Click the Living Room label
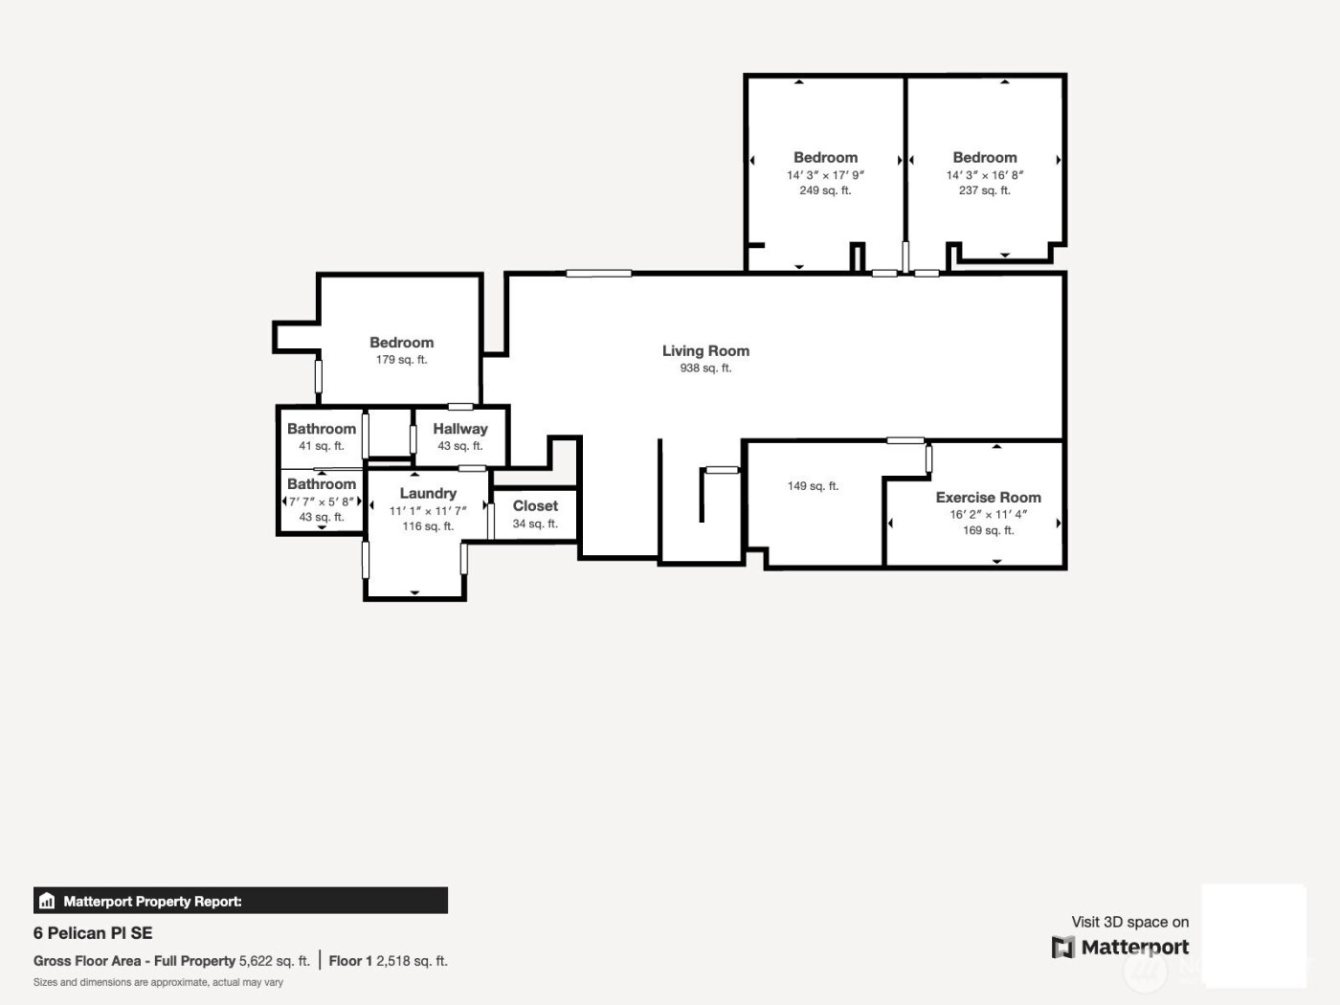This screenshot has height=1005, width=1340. tap(705, 351)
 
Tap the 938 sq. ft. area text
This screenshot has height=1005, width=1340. tap(705, 368)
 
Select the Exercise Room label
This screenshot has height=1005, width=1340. tap(988, 498)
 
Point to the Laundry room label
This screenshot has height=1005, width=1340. tap(428, 494)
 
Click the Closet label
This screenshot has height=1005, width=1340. tap(535, 506)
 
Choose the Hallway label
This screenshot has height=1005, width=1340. tap(459, 430)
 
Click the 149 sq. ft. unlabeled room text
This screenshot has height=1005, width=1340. tap(813, 486)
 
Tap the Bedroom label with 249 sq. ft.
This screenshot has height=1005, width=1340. tap(825, 158)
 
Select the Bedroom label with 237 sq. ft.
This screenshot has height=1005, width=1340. tap(985, 158)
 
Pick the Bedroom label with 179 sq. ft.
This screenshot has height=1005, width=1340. tap(401, 343)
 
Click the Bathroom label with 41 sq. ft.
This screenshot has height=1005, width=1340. tap(322, 430)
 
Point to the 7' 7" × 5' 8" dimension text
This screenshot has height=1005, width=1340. tap(322, 502)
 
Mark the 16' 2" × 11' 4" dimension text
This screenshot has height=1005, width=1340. tap(988, 515)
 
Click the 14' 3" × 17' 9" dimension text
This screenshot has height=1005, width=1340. tap(825, 175)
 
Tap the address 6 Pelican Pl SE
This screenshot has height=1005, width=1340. tap(93, 933)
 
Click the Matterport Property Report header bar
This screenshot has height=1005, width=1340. tap(240, 901)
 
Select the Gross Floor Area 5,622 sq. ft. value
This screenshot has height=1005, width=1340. tap(274, 961)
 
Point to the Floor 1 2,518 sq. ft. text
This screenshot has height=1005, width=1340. tap(389, 961)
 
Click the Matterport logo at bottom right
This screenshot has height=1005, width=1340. tap(1121, 948)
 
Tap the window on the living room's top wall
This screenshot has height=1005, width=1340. tap(598, 274)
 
